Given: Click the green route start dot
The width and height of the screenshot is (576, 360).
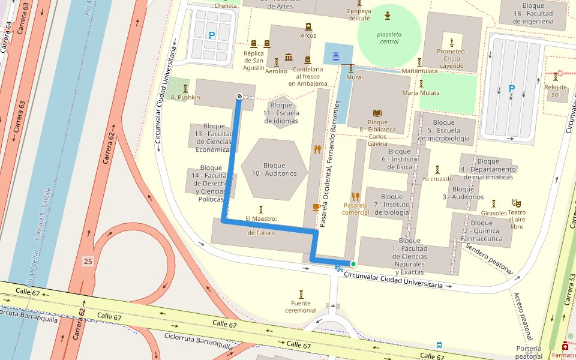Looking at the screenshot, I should tap(353, 264).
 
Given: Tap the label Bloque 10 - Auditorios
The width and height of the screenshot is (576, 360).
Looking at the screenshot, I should tap(274, 170).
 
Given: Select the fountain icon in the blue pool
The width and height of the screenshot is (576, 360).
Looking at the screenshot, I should tap(335, 57).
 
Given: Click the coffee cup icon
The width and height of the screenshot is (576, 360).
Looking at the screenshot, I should tap(316, 207).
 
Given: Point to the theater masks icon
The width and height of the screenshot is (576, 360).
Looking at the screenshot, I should tap(516, 203).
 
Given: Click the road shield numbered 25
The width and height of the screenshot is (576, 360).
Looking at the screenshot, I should tap(88, 261).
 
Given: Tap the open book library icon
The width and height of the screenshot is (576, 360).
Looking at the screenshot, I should tap(377, 113).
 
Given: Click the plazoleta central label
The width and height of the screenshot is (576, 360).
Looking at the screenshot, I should tap(389, 38).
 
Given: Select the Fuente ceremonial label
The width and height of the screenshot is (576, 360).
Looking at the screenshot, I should tap(301, 307).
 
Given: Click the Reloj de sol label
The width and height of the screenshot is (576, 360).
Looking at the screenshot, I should tap(556, 91).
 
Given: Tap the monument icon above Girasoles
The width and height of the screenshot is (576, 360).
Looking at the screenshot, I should tap(494, 203).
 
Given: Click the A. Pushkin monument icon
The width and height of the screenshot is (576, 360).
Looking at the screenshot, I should tap(185, 88).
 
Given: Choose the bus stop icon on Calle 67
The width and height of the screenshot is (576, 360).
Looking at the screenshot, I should tap(439, 346).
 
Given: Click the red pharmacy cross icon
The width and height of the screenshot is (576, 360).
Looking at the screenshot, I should tap(565, 347).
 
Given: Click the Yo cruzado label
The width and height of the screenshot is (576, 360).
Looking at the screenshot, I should tap(437, 179).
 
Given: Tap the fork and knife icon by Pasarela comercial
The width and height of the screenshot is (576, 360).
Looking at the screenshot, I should tap(356, 196).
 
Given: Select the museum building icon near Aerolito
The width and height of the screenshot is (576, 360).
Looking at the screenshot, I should tap(289, 57).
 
